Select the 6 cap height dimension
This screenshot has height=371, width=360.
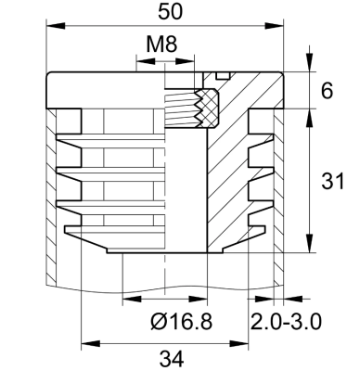click(x=326, y=91)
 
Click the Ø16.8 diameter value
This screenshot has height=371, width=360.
click(x=182, y=321)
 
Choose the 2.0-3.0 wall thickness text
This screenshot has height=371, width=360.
click(x=286, y=321)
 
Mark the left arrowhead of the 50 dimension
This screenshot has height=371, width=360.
click(x=49, y=27)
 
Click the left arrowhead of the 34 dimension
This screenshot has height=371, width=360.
click(x=87, y=342)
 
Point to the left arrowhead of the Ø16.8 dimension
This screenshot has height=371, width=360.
click(x=128, y=299)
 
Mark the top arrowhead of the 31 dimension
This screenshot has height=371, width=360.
click(x=309, y=115)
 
